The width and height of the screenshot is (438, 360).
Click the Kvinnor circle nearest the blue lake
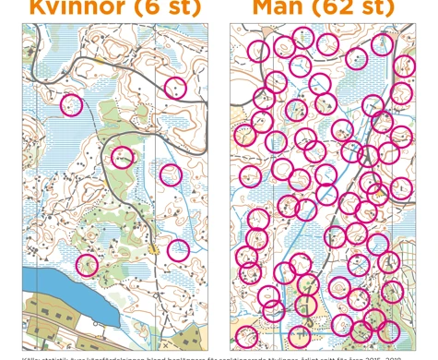pos(87,265)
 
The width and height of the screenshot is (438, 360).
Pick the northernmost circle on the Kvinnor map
pos(174,88)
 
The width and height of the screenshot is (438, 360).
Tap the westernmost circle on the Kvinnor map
pos(71,105)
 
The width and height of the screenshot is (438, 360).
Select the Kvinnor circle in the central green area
pos(122,157)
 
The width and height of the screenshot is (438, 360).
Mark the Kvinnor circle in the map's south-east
pos(178,250)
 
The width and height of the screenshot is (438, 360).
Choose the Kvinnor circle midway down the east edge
pos(170,174)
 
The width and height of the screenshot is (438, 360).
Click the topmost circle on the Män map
pos(302,38)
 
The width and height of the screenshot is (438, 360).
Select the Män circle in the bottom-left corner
pos(245,336)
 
